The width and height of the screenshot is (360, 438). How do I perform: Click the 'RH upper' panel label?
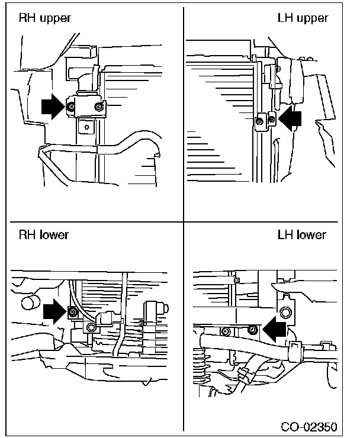pyautogui.click(x=44, y=18)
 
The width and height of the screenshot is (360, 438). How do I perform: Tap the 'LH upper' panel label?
pyautogui.click(x=303, y=18)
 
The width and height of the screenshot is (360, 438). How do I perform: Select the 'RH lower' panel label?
pyautogui.click(x=44, y=234)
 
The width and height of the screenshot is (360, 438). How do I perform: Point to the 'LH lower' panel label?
pyautogui.click(x=301, y=234)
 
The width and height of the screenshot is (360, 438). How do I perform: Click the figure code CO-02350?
pyautogui.click(x=309, y=427)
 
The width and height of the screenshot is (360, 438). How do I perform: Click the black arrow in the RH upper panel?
pyautogui.click(x=53, y=107)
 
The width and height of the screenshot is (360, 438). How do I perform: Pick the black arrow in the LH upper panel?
pyautogui.click(x=290, y=118)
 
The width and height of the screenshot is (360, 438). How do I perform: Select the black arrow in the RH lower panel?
pyautogui.click(x=55, y=311)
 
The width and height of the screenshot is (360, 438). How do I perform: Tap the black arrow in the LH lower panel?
pyautogui.click(x=275, y=330)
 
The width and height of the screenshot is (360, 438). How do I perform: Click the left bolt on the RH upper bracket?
pyautogui.click(x=71, y=107)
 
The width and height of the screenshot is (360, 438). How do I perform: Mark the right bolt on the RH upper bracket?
pyautogui.click(x=98, y=107)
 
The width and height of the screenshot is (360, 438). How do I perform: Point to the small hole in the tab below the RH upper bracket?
pyautogui.click(x=86, y=127)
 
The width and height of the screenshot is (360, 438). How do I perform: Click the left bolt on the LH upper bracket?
pyautogui.click(x=260, y=121)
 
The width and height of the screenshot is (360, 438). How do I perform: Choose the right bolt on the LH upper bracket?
pyautogui.click(x=272, y=120)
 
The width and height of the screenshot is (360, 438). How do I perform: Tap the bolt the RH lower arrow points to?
pyautogui.click(x=73, y=311)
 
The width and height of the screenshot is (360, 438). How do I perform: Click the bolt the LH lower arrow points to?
pyautogui.click(x=253, y=330)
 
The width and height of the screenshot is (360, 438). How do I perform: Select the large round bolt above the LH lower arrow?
pyautogui.click(x=285, y=312)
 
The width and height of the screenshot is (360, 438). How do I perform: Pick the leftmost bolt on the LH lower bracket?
pyautogui.click(x=226, y=331)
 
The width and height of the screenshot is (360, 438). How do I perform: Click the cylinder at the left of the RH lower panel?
pyautogui.click(x=30, y=303)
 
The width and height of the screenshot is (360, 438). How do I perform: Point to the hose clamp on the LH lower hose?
pyautogui.click(x=294, y=351)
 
